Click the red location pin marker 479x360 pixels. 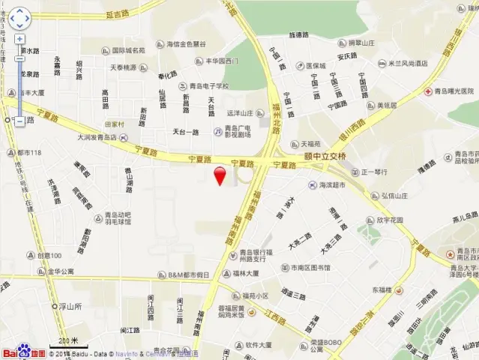tap(220, 176)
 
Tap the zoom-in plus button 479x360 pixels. tap(19, 39)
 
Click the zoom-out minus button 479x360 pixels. tap(19, 120)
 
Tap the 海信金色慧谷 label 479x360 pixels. tap(185, 43)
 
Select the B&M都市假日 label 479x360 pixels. tap(188, 275)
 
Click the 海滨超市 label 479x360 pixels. tap(335, 184)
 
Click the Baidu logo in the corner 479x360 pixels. tap(23, 352)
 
